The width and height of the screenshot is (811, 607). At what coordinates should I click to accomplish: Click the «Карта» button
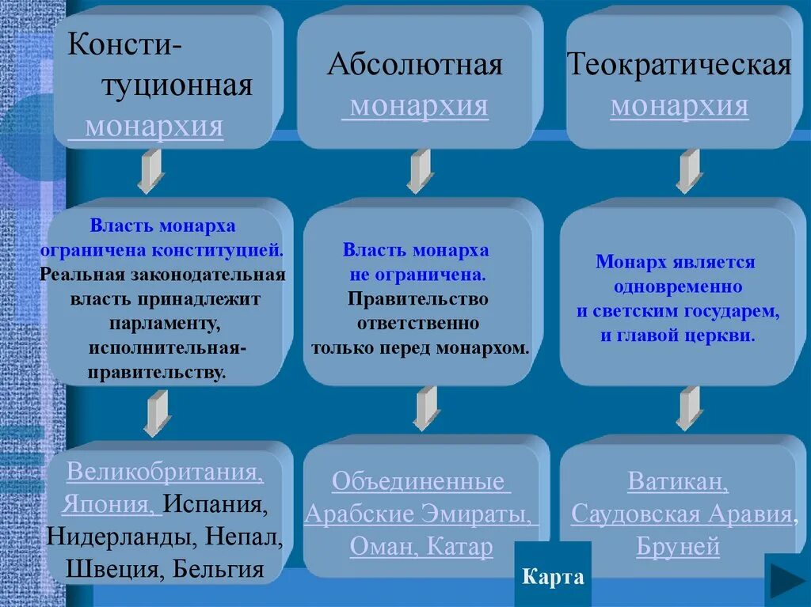[x=553, y=577]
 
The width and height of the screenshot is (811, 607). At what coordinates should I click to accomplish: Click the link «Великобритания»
[x=164, y=472]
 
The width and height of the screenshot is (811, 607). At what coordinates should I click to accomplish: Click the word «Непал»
[x=245, y=537]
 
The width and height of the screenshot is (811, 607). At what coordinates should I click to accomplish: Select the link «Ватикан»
[x=678, y=482]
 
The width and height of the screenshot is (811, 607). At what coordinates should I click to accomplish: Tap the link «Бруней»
[x=678, y=547]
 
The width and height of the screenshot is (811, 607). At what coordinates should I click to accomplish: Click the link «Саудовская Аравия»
[x=682, y=514]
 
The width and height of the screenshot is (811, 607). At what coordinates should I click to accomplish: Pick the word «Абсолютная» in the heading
[x=415, y=65]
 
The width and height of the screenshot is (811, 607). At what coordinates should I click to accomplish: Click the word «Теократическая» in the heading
[x=680, y=65]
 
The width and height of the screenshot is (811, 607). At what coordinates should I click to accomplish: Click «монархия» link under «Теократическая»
[x=680, y=106]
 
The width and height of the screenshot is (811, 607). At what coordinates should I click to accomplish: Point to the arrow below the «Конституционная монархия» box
[x=150, y=171]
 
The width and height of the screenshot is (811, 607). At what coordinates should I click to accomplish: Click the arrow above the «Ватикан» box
[x=689, y=408]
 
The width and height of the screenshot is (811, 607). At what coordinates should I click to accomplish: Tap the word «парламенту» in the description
[x=165, y=324]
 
